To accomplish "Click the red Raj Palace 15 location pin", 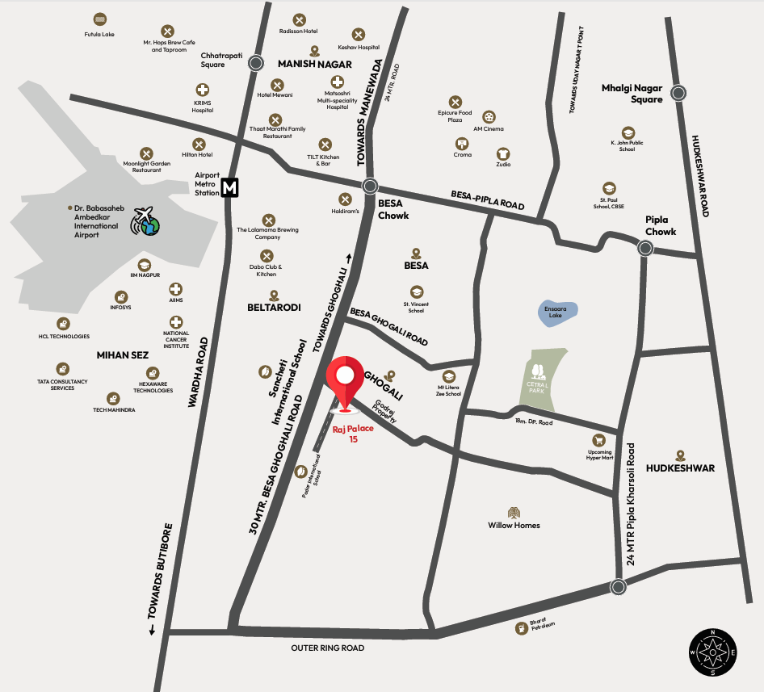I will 346,380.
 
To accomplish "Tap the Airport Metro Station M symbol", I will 230,187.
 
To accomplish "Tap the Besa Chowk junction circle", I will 370,185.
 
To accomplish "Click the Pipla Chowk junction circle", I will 644,249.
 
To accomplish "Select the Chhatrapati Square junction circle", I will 256,62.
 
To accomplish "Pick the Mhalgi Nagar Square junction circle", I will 678,92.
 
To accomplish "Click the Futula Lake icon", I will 99,19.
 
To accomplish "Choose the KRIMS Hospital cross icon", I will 203,90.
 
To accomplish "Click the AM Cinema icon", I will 489,117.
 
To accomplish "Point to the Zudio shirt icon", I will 503,153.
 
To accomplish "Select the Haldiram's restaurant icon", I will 346,199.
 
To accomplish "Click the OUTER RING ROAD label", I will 328,648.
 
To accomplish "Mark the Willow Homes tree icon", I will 514,512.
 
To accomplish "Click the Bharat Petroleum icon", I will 521,627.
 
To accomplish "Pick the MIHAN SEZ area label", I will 123,354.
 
